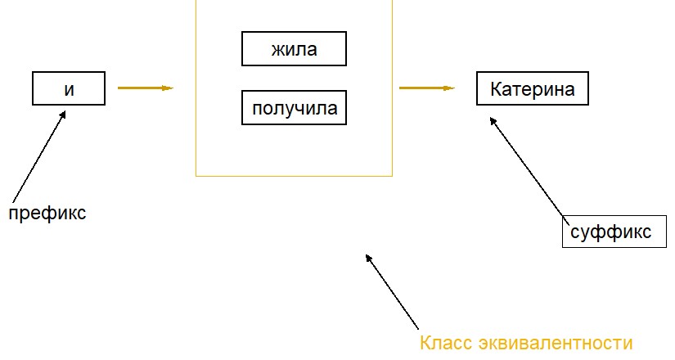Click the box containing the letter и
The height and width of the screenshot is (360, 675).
[x=69, y=88]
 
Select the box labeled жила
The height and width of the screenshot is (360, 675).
[x=294, y=48]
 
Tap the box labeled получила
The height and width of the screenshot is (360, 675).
[x=294, y=108]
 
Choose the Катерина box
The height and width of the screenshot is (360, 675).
[x=533, y=88]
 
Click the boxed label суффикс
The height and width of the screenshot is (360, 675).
[x=614, y=232]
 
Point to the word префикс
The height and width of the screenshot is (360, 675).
[x=47, y=213]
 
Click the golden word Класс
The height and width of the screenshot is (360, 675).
[x=447, y=343]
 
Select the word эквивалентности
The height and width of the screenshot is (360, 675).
[x=556, y=343]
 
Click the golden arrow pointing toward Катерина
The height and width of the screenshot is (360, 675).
[x=427, y=88]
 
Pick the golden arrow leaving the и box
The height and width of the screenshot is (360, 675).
[x=146, y=88]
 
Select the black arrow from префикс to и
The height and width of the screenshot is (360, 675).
[x=39, y=156]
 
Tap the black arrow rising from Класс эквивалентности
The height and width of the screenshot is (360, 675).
[x=392, y=291]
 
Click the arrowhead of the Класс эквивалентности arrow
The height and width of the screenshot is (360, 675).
[x=368, y=258]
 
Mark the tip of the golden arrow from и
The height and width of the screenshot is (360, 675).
[x=173, y=88]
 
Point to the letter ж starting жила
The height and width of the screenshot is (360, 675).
[x=277, y=50]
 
